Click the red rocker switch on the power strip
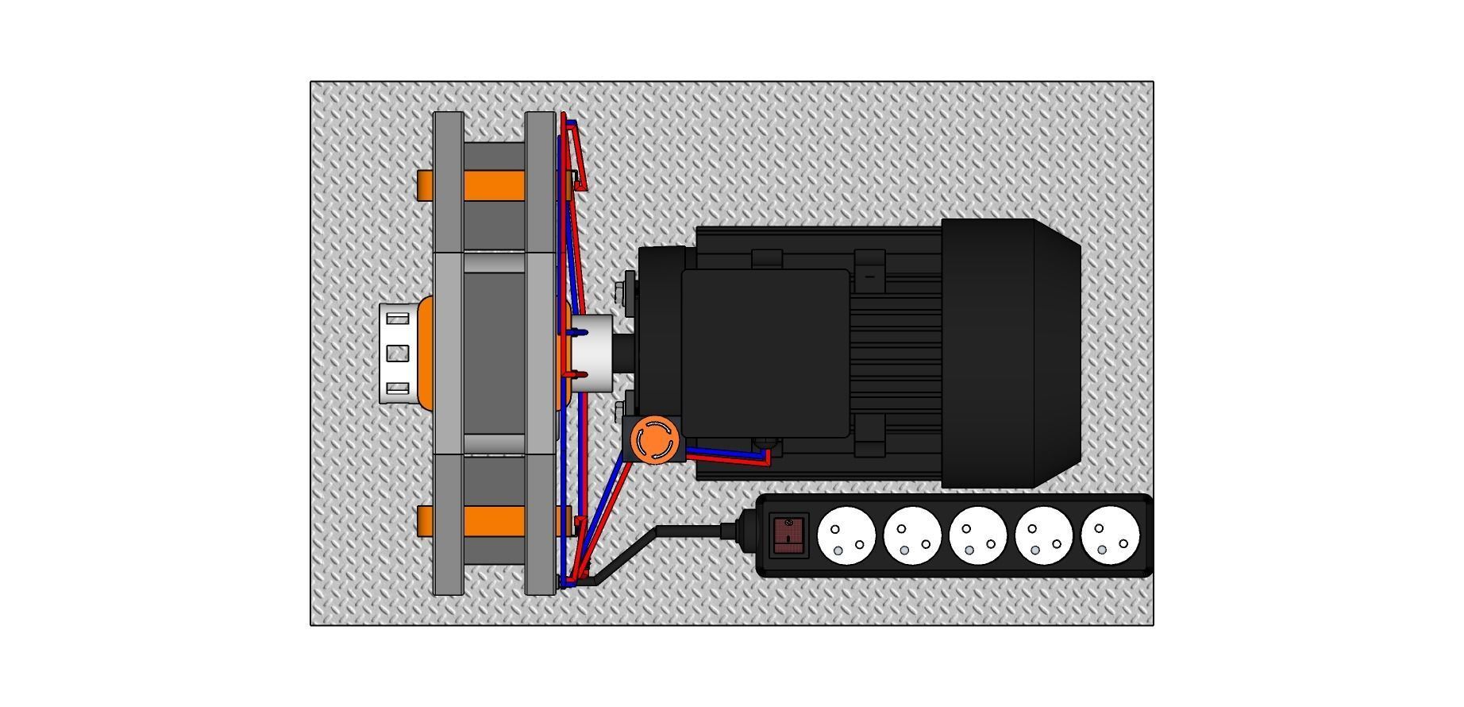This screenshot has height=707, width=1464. pos(788,535)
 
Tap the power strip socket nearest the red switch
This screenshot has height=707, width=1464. pos(846,535)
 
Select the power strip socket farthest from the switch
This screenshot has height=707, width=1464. pos(1110,535)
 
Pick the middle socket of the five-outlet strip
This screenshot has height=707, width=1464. pos(978,535)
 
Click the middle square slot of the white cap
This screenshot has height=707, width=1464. pos(398,353)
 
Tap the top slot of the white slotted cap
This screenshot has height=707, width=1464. pos(398,319)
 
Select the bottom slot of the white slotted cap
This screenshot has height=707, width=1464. pos(398,388)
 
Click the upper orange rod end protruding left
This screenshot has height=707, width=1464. pos(425,185)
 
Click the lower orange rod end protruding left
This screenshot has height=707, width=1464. pos(425,521)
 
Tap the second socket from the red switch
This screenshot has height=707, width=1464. pos(912,535)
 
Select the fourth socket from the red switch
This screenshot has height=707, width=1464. pos(1044,535)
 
